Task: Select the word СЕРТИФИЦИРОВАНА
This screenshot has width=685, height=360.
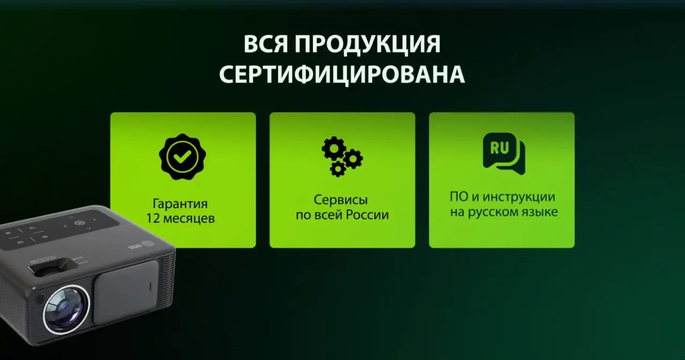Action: [x=341, y=75]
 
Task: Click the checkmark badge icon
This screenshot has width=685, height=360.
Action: [x=182, y=156]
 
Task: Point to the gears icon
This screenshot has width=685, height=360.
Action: [x=341, y=156]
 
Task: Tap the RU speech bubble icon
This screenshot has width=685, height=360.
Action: [x=503, y=153]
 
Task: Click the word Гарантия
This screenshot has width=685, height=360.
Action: [x=180, y=204]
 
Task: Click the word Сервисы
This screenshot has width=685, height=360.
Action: [x=341, y=201]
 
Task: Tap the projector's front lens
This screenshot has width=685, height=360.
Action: [x=65, y=309]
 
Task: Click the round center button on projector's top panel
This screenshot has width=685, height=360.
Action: [x=79, y=223]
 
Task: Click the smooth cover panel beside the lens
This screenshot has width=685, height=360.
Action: [x=126, y=292]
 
